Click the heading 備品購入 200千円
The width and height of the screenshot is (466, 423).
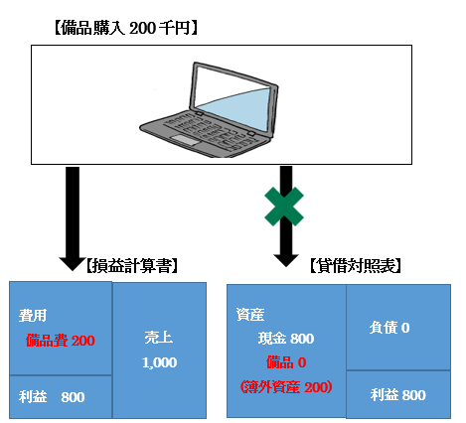tap(126, 28)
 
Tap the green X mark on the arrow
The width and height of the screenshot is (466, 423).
tap(284, 207)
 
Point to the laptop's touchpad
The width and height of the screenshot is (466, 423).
tap(185, 140)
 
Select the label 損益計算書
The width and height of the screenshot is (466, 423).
tap(132, 266)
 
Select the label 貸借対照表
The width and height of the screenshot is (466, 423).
tap(356, 266)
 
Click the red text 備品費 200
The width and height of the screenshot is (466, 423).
tap(61, 341)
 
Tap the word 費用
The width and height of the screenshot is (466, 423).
tap(33, 316)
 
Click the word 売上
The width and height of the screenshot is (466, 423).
tap(159, 338)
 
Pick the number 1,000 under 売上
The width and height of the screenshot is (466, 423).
tap(159, 362)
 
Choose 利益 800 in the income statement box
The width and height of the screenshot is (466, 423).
tap(52, 396)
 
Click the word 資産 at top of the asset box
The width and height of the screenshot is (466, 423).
tap(250, 315)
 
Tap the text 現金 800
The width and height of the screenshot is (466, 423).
tap(286, 339)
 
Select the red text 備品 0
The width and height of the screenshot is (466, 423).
tap(286, 362)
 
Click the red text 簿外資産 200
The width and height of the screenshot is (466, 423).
tap(286, 387)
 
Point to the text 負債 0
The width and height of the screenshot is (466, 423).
tap(389, 328)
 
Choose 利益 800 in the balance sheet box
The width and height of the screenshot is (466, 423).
tap(398, 395)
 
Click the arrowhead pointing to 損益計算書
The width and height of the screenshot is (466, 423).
tap(73, 264)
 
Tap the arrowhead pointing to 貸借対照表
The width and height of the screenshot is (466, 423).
tap(286, 260)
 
